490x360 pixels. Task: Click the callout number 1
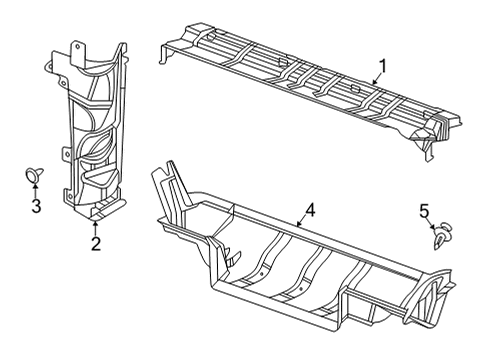pyautogui.click(x=380, y=68)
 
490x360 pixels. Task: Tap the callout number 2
pyautogui.click(x=97, y=243)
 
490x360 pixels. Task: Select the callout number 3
pyautogui.click(x=35, y=207)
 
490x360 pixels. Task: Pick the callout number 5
pyautogui.click(x=424, y=238)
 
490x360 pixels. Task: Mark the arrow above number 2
pyautogui.click(x=97, y=225)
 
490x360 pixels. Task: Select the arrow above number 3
pyautogui.click(x=35, y=189)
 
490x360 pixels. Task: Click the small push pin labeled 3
pyautogui.click(x=35, y=176)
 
